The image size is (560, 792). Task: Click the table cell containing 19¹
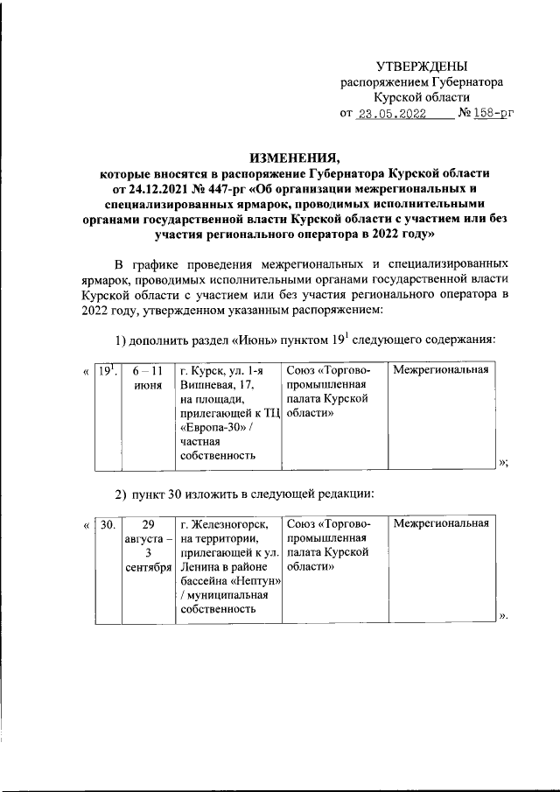coord(108,372)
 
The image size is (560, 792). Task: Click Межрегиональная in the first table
coord(440,372)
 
